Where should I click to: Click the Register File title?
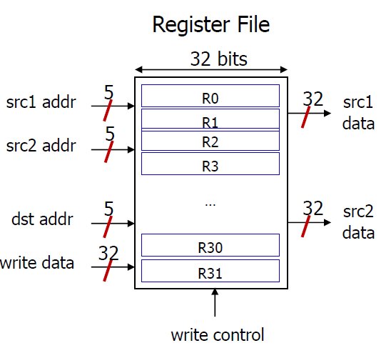coord(211,25)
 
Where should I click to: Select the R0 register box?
coord(210,96)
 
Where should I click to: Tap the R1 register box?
coord(210,119)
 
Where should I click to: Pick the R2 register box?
coord(210,141)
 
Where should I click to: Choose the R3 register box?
coord(210,164)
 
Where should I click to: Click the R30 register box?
coord(210,245)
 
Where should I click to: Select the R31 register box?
coord(210,271)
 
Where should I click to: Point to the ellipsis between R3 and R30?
coord(210,203)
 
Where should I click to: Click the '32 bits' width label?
coord(218,59)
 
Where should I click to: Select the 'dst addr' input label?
coord(43,219)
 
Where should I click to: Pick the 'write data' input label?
coord(37,262)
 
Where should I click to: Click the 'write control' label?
coord(218,334)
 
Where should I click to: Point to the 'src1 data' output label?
coord(358,112)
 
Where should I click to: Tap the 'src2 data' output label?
coord(358,222)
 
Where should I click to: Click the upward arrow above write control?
coord(215,304)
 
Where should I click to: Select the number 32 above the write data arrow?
coord(108,253)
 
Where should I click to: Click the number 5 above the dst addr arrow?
coord(109,209)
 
